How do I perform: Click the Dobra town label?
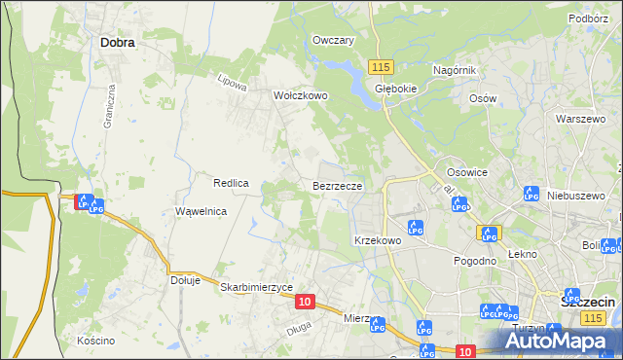pyautogui.click(x=117, y=43)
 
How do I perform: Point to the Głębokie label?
pyautogui.click(x=396, y=87)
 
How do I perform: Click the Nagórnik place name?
pyautogui.click(x=454, y=70)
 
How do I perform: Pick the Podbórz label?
pyautogui.click(x=588, y=18)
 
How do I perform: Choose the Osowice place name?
pyautogui.click(x=465, y=171)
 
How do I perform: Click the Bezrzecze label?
pyautogui.click(x=338, y=185)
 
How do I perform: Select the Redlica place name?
pyautogui.click(x=232, y=183)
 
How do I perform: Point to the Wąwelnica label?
pyautogui.click(x=201, y=211)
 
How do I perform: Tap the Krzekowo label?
pyautogui.click(x=378, y=239)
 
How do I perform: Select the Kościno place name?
pyautogui.click(x=96, y=341)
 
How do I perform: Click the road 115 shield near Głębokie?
pyautogui.click(x=381, y=66)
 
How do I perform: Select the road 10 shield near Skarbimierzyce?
pyautogui.click(x=305, y=303)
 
